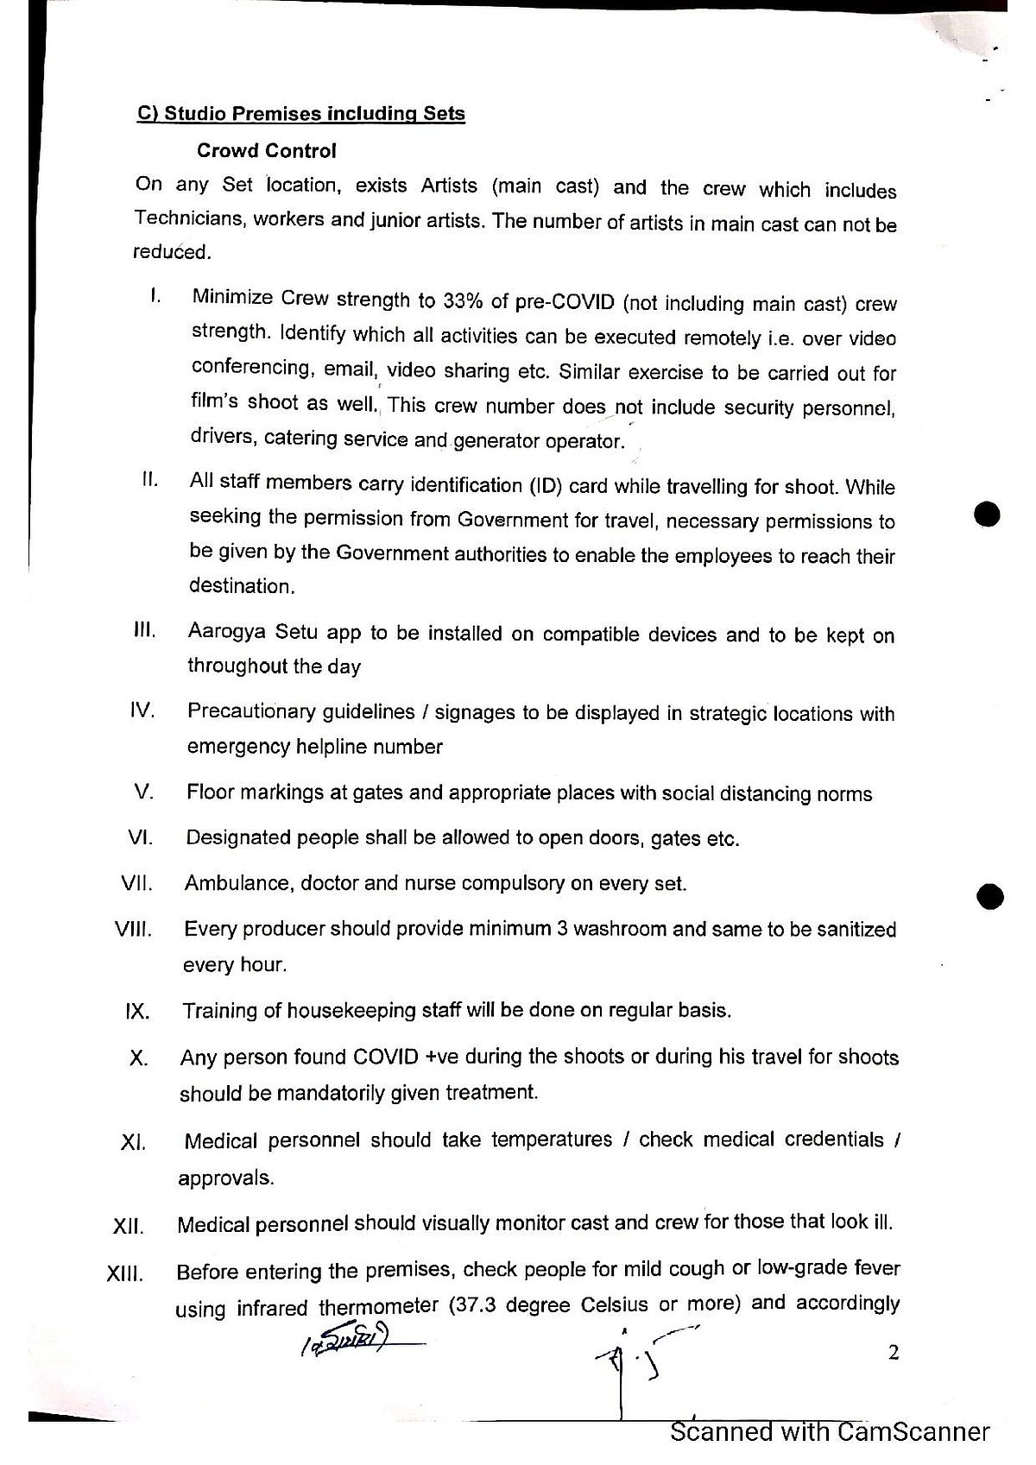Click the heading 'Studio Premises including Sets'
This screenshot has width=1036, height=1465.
pos(301,114)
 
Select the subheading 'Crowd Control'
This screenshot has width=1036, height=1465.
pos(266,151)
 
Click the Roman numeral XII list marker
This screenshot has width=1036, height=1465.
pos(128,1226)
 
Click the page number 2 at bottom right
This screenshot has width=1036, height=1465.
pos(894,1353)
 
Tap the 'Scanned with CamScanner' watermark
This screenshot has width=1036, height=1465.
pos(830,1432)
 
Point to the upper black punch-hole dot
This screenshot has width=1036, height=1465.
pos(986,515)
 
